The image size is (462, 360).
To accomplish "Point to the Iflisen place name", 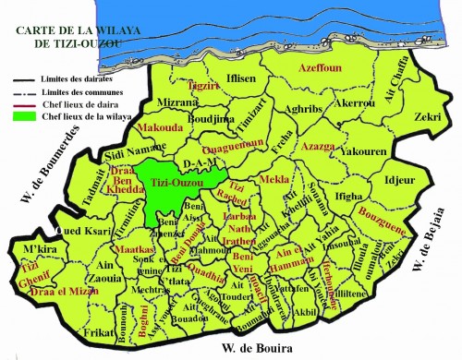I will tap(241, 79).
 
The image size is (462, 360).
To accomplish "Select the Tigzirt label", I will tap(202, 86).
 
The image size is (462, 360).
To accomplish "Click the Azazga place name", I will tap(317, 146).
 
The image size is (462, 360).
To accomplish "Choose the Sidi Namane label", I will tap(127, 153).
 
